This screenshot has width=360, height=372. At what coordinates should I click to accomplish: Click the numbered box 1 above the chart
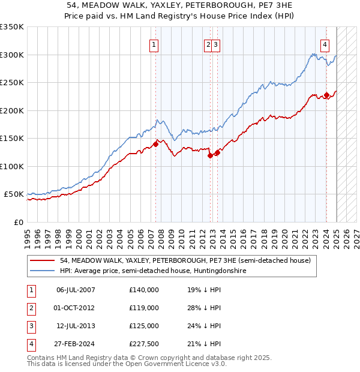click(x=154, y=44)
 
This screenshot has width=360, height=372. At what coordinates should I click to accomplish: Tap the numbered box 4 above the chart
click(x=325, y=44)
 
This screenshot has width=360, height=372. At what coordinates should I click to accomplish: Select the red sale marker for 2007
click(x=155, y=144)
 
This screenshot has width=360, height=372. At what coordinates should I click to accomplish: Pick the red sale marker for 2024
click(x=326, y=95)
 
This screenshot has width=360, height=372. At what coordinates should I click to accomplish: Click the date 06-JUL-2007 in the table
click(x=75, y=290)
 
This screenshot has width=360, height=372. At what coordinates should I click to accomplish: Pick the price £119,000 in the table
click(x=144, y=308)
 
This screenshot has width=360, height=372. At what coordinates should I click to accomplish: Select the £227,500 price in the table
click(x=144, y=344)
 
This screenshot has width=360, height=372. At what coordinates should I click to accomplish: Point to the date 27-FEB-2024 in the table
click(x=75, y=344)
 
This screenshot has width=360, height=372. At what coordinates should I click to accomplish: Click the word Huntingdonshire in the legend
click(x=221, y=271)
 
